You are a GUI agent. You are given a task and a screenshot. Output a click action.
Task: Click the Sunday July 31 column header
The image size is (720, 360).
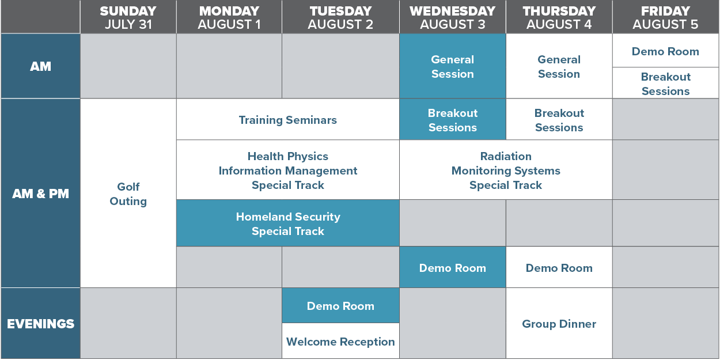[x=128, y=17]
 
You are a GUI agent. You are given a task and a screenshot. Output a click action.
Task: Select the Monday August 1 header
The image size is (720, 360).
[x=229, y=17]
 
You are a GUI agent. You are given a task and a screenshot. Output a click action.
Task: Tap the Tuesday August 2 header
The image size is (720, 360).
[x=341, y=17]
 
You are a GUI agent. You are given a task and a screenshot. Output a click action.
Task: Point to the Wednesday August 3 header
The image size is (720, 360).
[x=453, y=17]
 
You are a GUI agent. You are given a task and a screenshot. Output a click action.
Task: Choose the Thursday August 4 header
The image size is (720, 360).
[x=559, y=17]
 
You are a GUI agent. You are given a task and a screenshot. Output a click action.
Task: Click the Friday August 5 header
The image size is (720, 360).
[x=666, y=17]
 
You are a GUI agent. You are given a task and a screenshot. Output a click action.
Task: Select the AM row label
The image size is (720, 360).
[x=40, y=66]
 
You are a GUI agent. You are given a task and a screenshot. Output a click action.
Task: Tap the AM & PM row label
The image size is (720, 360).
[x=40, y=193]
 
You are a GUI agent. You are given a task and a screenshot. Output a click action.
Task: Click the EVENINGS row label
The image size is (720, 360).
[x=40, y=323]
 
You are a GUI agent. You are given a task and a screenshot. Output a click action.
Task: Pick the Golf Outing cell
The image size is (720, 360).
[x=128, y=193]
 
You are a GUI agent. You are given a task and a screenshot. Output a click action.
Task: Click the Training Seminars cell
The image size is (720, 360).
[x=288, y=119]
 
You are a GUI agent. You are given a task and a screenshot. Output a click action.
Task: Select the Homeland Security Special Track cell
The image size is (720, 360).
[x=288, y=223]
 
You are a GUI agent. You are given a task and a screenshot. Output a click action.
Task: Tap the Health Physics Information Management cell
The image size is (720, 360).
[x=288, y=170]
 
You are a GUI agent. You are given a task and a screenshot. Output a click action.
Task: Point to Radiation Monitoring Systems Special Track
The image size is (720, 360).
[x=506, y=170]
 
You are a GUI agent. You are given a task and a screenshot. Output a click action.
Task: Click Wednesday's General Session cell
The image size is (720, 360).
[x=453, y=66]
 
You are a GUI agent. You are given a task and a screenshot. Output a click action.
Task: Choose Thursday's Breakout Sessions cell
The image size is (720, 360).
[x=559, y=119]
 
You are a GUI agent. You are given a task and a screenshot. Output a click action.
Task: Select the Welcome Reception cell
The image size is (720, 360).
[x=341, y=341]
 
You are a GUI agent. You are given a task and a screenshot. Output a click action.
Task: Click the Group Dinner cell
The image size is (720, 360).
[x=559, y=323]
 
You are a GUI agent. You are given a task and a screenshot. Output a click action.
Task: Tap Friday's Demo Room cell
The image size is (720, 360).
[x=666, y=51]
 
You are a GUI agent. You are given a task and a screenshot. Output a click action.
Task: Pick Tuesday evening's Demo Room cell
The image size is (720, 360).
[x=341, y=305]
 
